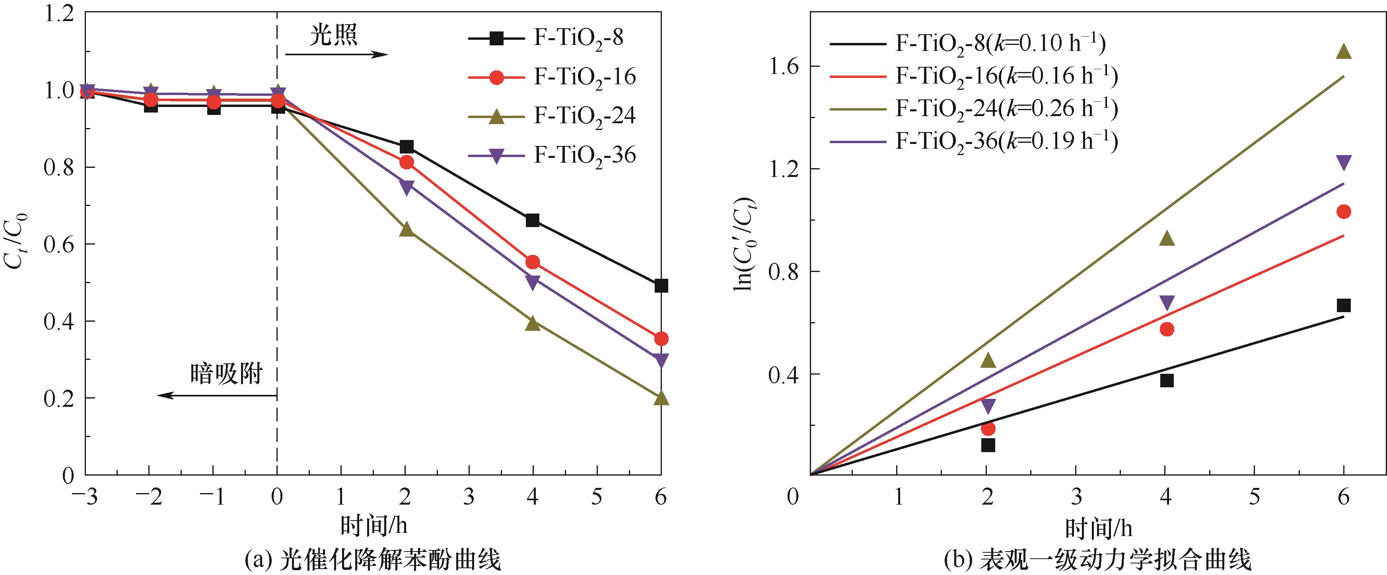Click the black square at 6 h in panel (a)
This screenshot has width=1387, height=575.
tap(661, 286)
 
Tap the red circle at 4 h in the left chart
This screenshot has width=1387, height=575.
tap(533, 262)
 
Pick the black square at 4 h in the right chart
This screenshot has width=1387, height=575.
tap(1167, 380)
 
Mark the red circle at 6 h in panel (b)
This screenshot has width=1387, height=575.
tap(1344, 212)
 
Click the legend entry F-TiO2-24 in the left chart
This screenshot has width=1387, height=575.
tap(584, 116)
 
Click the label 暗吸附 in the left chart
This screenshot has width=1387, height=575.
tap(226, 374)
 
